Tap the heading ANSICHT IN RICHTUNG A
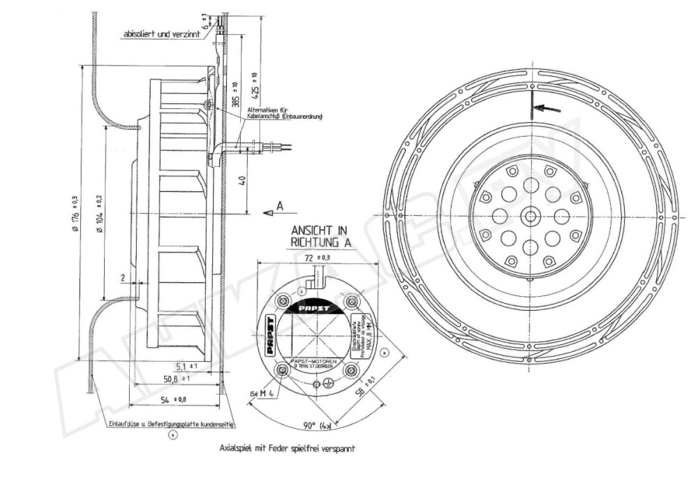(x=311, y=235)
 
